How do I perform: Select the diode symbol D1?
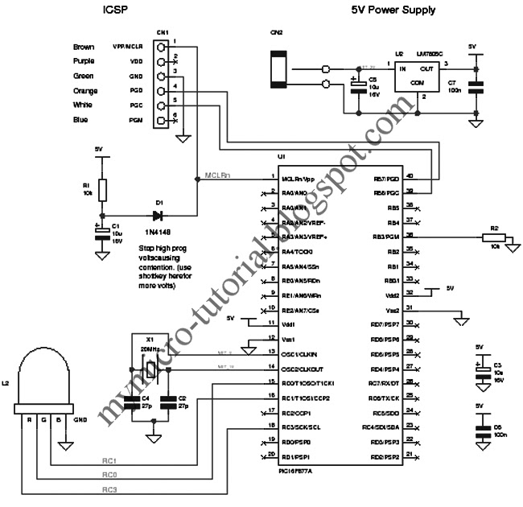pos(158,215)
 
